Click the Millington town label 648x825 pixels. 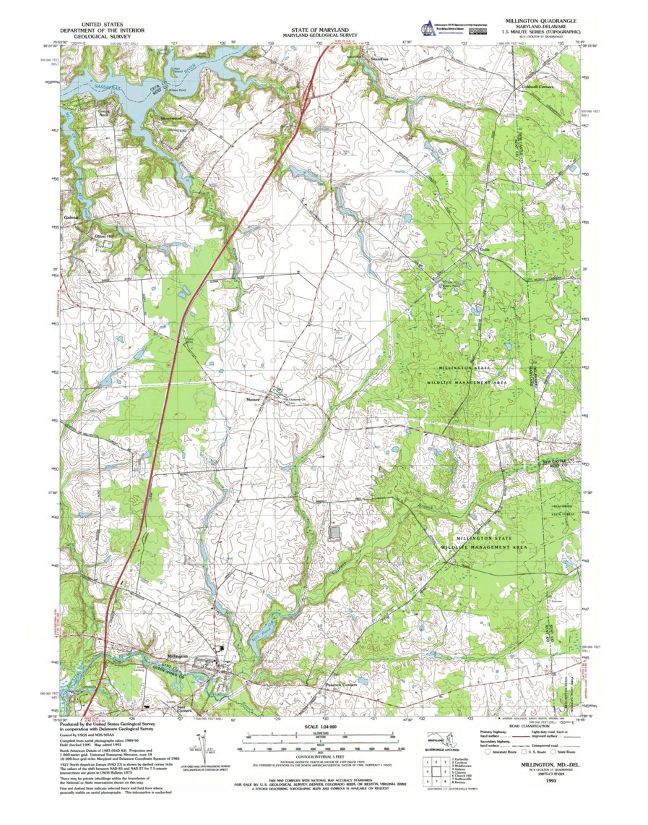[x=168, y=656]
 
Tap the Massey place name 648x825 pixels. [x=252, y=398]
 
